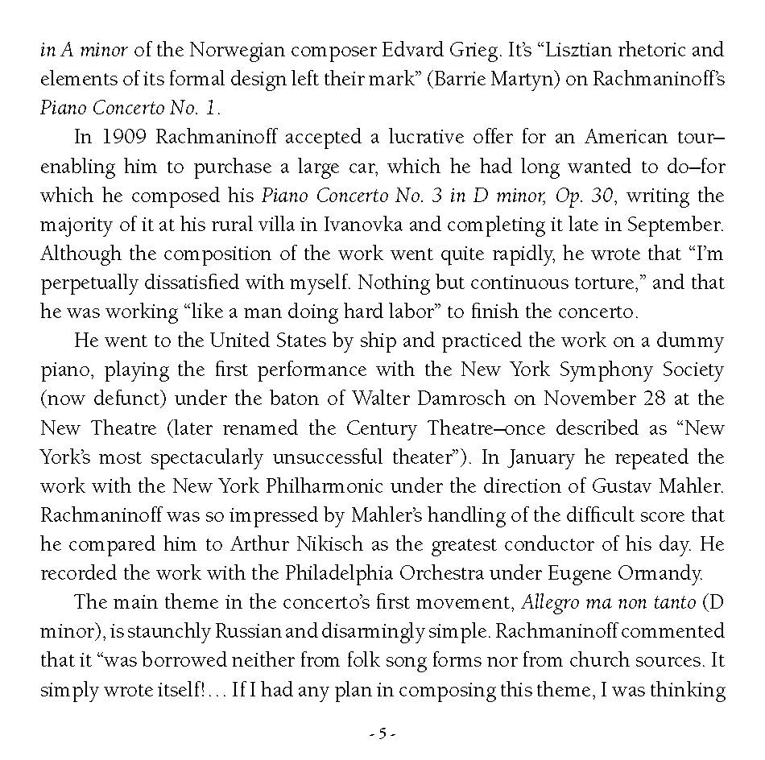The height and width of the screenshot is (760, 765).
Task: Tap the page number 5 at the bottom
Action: [x=382, y=733]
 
